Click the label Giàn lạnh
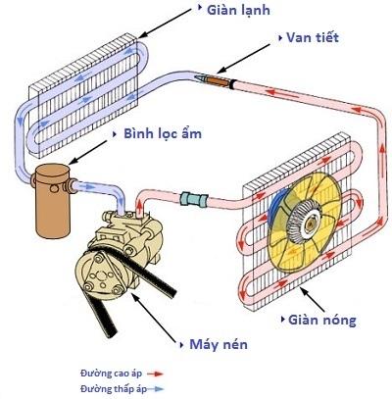click(x=238, y=11)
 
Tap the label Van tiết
click(x=313, y=37)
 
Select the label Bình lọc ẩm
click(x=163, y=133)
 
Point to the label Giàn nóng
click(x=321, y=320)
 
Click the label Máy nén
click(x=219, y=344)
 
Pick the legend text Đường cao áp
click(x=111, y=374)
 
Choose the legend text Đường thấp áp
click(x=113, y=389)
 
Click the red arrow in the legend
click(x=155, y=374)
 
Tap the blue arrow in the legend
click(x=155, y=389)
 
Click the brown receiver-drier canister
click(x=52, y=201)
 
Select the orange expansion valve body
click(x=218, y=80)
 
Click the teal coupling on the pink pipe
click(x=194, y=199)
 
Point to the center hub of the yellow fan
click(x=309, y=223)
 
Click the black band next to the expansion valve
click(x=232, y=84)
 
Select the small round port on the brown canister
click(x=55, y=188)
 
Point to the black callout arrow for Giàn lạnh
click(x=165, y=23)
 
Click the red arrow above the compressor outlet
click(x=140, y=207)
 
